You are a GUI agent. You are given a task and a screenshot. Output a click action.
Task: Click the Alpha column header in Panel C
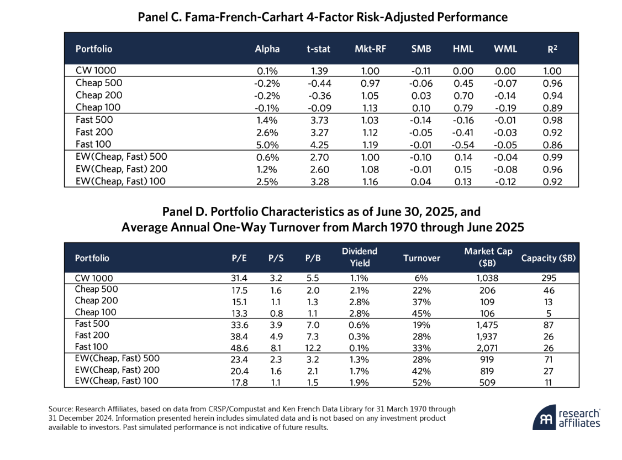point(267,49)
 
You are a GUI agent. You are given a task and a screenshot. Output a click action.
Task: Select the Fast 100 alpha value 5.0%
point(267,145)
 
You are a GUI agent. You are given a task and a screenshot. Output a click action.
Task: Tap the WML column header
point(505,49)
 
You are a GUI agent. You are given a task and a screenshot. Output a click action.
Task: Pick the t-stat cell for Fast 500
point(319,121)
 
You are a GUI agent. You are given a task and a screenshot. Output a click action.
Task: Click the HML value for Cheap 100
point(463,108)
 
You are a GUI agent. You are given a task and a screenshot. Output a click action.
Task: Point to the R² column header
point(552,49)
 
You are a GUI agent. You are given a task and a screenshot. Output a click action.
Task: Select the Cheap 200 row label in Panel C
point(99,95)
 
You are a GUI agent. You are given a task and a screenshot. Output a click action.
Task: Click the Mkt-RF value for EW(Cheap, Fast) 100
point(370,182)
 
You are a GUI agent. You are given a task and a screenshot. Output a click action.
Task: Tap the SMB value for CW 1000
point(421,71)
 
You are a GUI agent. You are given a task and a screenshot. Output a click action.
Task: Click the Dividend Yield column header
point(360,257)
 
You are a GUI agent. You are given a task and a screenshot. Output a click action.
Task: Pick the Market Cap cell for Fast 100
point(487,348)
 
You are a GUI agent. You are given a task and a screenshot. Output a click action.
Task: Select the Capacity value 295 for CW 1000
point(549,278)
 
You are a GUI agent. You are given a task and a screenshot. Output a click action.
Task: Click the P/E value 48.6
point(240,348)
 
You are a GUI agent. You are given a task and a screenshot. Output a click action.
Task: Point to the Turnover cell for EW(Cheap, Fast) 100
point(421,383)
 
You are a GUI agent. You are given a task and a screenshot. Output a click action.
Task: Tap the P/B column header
point(313,258)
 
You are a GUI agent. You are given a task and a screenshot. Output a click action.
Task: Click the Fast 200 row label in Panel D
point(92,336)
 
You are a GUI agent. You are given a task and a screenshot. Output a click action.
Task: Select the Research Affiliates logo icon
point(544,417)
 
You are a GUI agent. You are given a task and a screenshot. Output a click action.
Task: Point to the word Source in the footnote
point(61,409)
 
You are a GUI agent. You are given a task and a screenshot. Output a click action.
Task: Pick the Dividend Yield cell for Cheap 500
point(359,290)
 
